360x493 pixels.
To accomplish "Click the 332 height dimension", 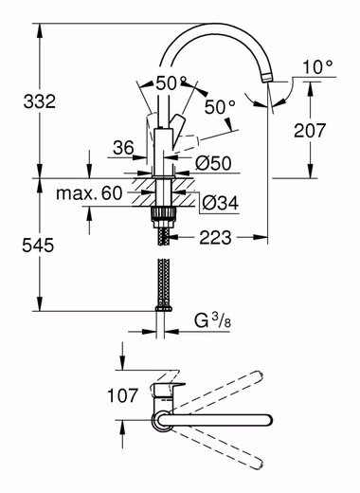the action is click(x=40, y=101).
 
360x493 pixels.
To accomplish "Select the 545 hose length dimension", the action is click(x=38, y=246).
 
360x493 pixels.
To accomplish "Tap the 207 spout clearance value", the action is click(x=310, y=131).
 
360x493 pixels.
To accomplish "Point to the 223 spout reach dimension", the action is click(x=215, y=237).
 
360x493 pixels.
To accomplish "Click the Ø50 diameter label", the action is click(x=213, y=163).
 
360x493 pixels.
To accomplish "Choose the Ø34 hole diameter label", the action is click(x=220, y=203).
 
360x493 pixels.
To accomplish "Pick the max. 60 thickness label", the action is click(x=89, y=193).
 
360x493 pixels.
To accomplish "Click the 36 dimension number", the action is click(x=124, y=148).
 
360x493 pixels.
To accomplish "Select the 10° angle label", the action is click(x=317, y=67).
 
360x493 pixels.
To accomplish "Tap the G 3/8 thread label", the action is click(x=212, y=321).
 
